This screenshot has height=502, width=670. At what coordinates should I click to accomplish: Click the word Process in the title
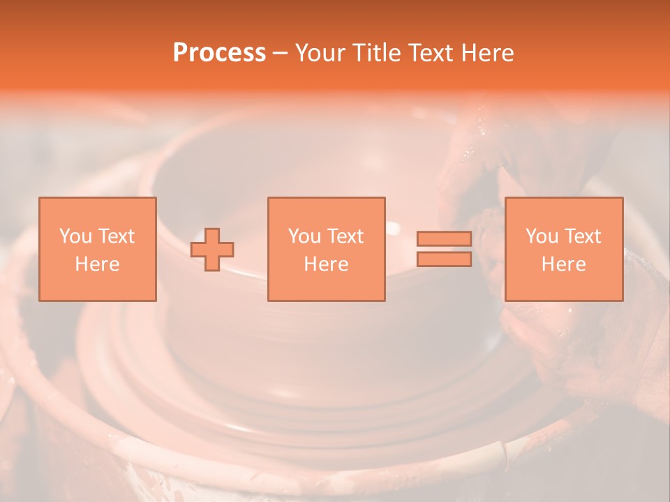[x=219, y=53]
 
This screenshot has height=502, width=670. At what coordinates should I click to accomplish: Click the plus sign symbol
[x=212, y=250]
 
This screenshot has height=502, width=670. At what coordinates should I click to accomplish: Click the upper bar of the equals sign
[x=444, y=239]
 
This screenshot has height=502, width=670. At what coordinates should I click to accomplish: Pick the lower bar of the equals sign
[x=444, y=259]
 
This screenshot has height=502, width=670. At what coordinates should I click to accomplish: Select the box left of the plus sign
[x=98, y=249]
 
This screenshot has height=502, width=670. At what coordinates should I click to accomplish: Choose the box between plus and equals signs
[x=326, y=249]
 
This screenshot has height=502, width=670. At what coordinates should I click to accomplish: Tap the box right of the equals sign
[x=563, y=249]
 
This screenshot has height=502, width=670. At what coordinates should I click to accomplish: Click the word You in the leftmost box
[x=75, y=236]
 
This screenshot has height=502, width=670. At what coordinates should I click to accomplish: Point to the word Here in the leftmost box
[x=98, y=264]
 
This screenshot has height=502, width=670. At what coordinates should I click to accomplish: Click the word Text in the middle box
[x=345, y=236]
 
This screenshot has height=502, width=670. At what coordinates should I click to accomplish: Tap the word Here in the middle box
[x=326, y=264]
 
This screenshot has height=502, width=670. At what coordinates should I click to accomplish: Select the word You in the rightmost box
[x=542, y=236]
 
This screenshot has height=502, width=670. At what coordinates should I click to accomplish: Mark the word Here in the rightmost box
[x=563, y=264]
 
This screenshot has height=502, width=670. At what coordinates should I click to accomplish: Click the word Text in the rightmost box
[x=582, y=236]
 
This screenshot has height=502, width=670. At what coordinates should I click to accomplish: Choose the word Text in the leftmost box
[x=116, y=236]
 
